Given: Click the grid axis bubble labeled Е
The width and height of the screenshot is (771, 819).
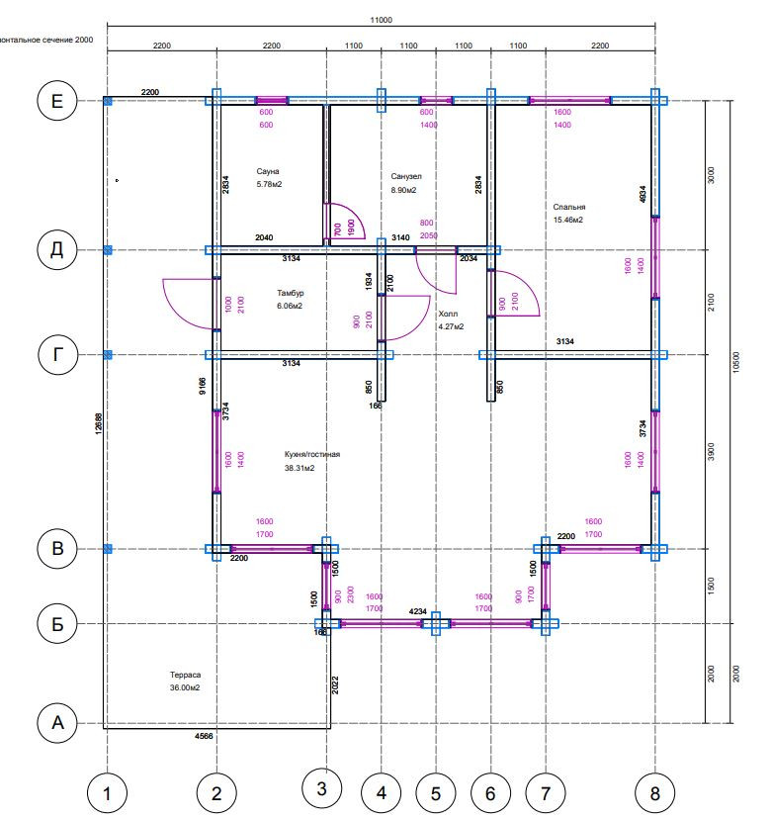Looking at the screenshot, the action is click(x=56, y=101).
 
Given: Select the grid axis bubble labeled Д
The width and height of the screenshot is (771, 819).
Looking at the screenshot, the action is click(x=56, y=250).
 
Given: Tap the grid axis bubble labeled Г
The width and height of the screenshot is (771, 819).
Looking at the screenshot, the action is click(x=56, y=354).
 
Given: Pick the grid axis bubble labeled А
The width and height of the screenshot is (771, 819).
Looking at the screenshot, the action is click(x=56, y=723).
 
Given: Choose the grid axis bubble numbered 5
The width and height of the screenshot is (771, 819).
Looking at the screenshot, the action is click(x=435, y=791).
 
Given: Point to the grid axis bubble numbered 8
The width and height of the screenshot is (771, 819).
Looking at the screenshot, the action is click(x=654, y=791).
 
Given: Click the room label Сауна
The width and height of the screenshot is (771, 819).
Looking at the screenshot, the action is click(x=267, y=171).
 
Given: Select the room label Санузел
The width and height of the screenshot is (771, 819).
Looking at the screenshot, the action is click(x=406, y=176).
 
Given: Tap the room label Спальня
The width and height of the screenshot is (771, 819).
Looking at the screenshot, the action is click(x=569, y=208).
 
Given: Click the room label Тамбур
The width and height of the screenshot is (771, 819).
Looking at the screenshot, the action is click(x=290, y=294).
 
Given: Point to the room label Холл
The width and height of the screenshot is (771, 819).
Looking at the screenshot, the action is click(x=448, y=314).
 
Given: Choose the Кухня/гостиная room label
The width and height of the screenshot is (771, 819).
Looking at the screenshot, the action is click(x=311, y=455).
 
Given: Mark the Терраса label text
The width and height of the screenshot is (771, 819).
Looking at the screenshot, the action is click(x=185, y=674).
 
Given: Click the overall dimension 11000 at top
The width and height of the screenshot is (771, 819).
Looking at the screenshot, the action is click(x=381, y=20).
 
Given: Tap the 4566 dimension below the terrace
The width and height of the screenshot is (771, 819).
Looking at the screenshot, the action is click(x=204, y=737).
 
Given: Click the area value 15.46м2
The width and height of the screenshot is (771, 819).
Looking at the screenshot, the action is click(x=568, y=220).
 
